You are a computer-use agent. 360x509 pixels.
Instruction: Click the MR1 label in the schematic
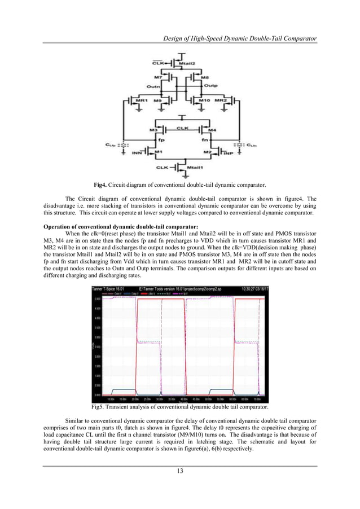(x=135, y=100)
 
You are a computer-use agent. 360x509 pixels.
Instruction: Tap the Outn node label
(x=153, y=87)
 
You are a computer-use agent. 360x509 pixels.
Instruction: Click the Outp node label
(x=211, y=86)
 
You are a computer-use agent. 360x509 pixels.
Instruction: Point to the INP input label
(x=228, y=152)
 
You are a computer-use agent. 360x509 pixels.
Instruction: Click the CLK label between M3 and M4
(x=182, y=128)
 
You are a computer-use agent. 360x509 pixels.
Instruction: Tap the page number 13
(x=179, y=471)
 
